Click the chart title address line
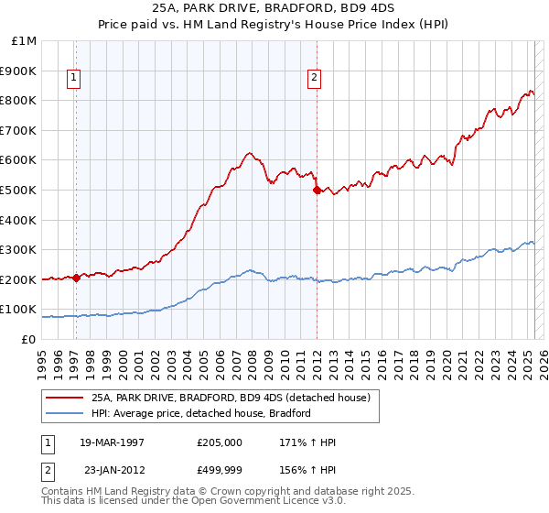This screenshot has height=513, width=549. coord(274,9)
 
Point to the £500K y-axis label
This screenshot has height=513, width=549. coord(19,190)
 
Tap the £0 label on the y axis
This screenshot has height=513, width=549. coord(30,339)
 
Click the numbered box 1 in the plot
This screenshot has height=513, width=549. coord(73,78)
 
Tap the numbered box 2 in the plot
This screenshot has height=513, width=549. coord(314,78)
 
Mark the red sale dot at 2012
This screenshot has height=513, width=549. coord(317,191)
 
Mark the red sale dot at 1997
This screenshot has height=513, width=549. coord(76,278)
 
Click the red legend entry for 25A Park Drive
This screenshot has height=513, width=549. coord(231,398)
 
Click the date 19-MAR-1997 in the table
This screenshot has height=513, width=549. coord(112,442)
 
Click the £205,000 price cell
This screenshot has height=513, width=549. coord(219,442)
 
